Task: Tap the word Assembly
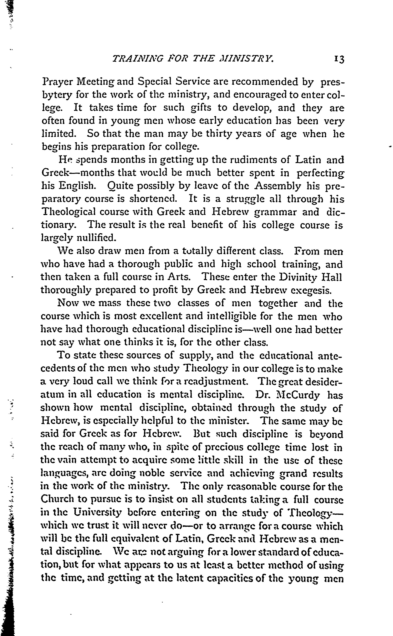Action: click(x=278, y=186)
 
